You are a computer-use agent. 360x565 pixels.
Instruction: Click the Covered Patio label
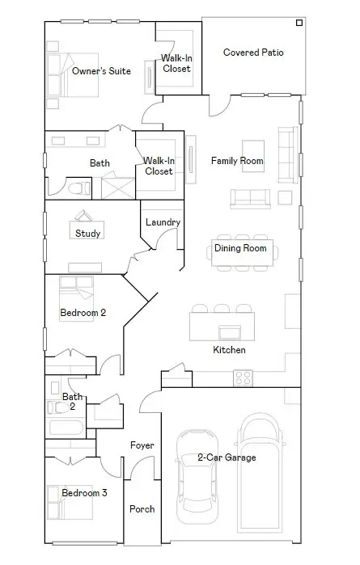tap(253, 53)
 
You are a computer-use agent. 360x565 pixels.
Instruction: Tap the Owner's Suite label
tap(101, 71)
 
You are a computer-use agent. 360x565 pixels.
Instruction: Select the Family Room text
tap(237, 161)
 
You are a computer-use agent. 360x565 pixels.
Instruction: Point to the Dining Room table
tap(240, 248)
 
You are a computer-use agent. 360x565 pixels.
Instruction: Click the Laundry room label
tap(163, 222)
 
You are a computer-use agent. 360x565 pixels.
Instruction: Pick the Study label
tap(88, 234)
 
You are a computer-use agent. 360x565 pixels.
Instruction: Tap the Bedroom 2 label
tap(83, 312)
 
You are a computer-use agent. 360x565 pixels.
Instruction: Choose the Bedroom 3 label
tap(84, 492)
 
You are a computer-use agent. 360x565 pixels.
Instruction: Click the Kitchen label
tap(229, 350)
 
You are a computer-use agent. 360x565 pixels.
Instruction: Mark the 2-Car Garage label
tap(227, 457)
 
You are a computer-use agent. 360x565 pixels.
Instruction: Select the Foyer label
tap(142, 445)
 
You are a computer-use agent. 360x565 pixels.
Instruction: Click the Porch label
tap(142, 509)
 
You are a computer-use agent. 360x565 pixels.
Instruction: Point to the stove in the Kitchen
tap(242, 377)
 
